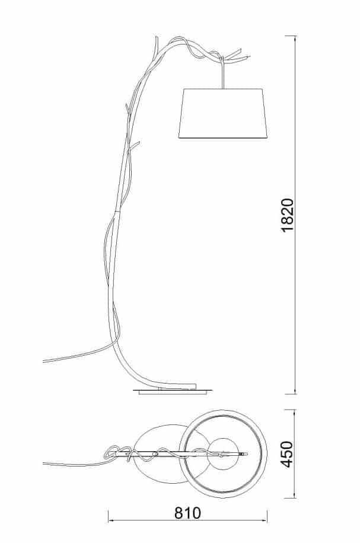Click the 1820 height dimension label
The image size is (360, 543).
(x=288, y=215)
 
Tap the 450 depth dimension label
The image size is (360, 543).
(x=287, y=454)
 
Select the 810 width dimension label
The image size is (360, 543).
(x=187, y=513)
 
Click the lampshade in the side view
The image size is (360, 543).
(x=223, y=114)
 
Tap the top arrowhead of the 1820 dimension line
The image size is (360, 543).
(x=295, y=39)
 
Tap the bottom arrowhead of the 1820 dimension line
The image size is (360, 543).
(x=295, y=391)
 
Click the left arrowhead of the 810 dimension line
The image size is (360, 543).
(x=111, y=520)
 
